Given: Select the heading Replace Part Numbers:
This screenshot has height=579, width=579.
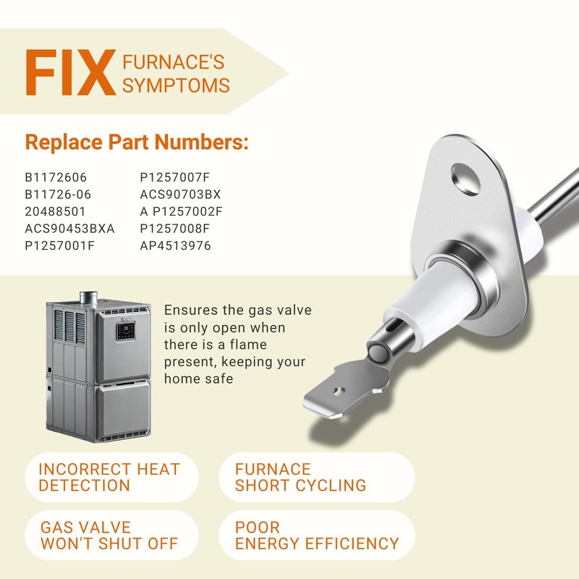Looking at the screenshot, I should click(x=137, y=142).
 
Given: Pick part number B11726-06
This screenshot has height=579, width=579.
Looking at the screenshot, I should click(x=58, y=194).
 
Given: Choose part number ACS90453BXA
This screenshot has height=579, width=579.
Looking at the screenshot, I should click(x=69, y=228).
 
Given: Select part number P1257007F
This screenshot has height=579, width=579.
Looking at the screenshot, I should click(x=174, y=177).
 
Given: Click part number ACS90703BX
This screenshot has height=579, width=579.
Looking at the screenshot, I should click(x=180, y=194).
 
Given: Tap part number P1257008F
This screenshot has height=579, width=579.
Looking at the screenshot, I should click(x=174, y=228).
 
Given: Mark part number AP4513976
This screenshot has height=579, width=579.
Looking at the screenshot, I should click(x=175, y=245).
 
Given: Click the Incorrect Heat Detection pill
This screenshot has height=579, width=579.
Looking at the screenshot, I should click(x=110, y=478).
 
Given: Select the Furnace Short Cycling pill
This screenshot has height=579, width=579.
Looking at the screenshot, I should click(x=316, y=478).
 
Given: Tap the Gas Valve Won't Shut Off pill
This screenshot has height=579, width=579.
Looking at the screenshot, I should click(x=110, y=536).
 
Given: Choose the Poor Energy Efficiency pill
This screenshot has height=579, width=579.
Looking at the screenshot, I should click(x=316, y=536).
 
